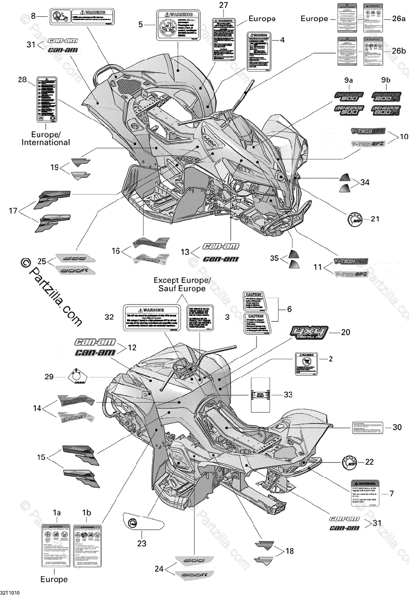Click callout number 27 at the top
(x=223, y=5)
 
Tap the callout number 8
(x=33, y=16)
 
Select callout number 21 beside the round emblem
(x=374, y=219)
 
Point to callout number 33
(x=289, y=394)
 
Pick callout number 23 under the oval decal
(x=142, y=543)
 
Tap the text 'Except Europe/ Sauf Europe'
(x=182, y=284)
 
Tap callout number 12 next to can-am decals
(x=131, y=347)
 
